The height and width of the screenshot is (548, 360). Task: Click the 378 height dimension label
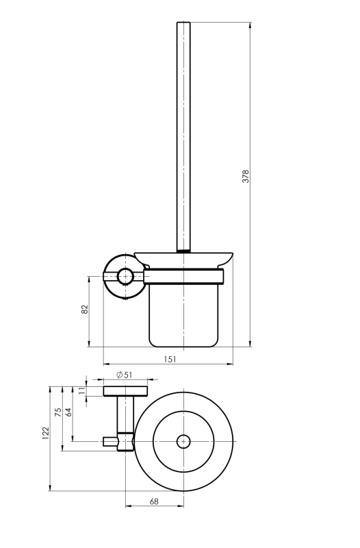pyautogui.click(x=246, y=177)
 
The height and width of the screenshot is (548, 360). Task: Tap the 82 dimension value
pyautogui.click(x=85, y=310)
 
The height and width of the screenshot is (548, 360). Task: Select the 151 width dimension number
pyautogui.click(x=170, y=359)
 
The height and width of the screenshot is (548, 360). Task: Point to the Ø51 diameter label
pyautogui.click(x=125, y=375)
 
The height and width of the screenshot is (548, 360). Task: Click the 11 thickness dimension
pyautogui.click(x=82, y=390)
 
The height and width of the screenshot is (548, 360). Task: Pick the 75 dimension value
pyautogui.click(x=58, y=412)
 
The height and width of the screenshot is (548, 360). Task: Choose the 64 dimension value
pyautogui.click(x=69, y=412)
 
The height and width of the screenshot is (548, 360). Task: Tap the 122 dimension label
pyautogui.click(x=46, y=433)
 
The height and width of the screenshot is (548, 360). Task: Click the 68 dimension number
pyautogui.click(x=154, y=501)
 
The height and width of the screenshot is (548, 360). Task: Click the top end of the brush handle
pyautogui.click(x=183, y=23)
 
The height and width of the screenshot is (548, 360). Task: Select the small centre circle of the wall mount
pyautogui.click(x=125, y=277)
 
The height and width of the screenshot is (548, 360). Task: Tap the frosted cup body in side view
pyautogui.click(x=183, y=315)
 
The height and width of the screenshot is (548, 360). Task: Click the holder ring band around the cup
pyautogui.click(x=183, y=277)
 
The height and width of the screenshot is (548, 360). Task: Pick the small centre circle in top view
pyautogui.click(x=183, y=442)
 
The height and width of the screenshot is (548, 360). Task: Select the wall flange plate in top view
pyautogui.click(x=125, y=391)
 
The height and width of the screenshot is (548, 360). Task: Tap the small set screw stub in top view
pyautogui.click(x=110, y=442)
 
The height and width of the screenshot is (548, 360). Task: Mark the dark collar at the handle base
pyautogui.click(x=183, y=250)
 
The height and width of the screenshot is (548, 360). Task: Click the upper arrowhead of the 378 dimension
pyautogui.click(x=250, y=25)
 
